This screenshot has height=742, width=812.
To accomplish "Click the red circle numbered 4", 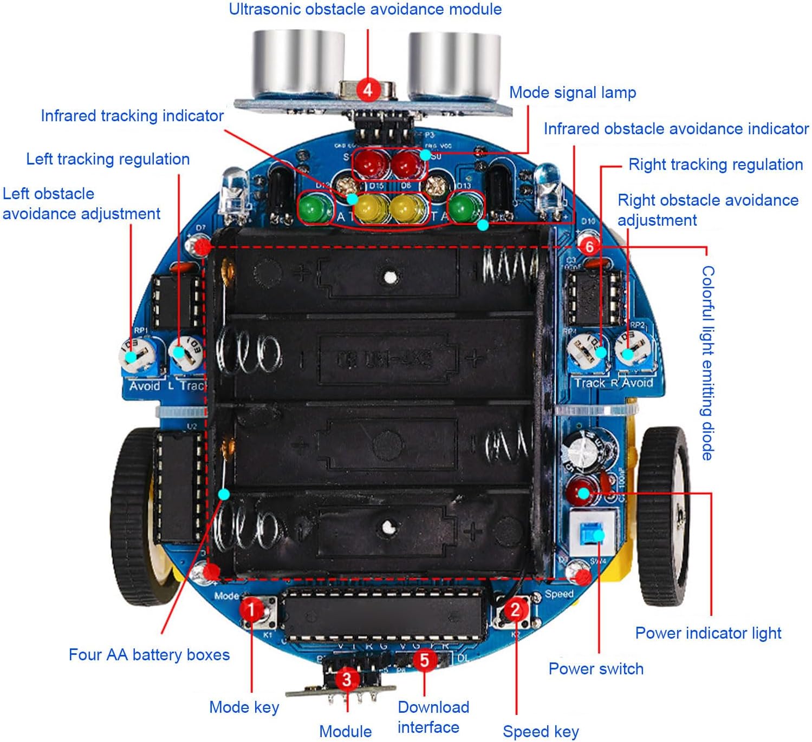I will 368,89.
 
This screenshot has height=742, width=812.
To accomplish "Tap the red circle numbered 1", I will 251,610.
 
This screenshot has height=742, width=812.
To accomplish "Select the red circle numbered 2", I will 515,610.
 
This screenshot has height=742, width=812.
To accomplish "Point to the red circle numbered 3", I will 347,679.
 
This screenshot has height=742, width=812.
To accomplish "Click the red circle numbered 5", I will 425,660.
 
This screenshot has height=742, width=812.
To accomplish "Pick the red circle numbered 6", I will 589,246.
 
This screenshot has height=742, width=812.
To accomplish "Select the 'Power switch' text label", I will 596,669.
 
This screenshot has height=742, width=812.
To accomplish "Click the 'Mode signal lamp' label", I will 573,93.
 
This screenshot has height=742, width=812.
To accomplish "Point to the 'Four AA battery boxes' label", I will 149,655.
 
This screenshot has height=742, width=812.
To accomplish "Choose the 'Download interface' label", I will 432,717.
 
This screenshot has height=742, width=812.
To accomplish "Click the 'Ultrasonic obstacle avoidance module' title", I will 365,9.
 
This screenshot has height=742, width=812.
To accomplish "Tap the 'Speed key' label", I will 541,732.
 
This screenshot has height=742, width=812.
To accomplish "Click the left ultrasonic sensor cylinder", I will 298,62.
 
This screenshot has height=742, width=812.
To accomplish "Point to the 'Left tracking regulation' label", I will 108,159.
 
